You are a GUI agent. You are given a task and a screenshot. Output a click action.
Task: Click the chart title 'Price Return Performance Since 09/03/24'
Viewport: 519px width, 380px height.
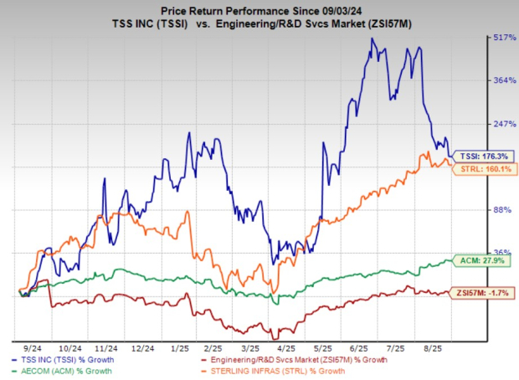[x=259, y=9]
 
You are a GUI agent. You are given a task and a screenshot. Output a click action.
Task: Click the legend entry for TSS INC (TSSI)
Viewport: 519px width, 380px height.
[x=67, y=360]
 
